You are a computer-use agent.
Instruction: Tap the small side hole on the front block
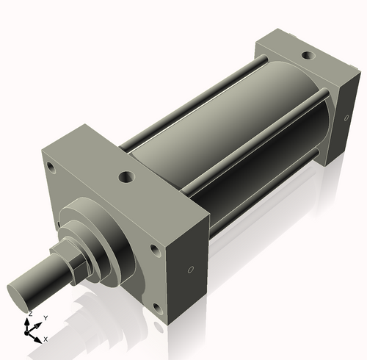tap(191, 270)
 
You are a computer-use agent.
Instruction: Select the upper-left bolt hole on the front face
tap(51, 168)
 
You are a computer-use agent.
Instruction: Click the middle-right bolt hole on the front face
tap(154, 250)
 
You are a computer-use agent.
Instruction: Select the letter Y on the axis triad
tap(46, 317)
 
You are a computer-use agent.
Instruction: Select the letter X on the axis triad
tap(46, 339)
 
